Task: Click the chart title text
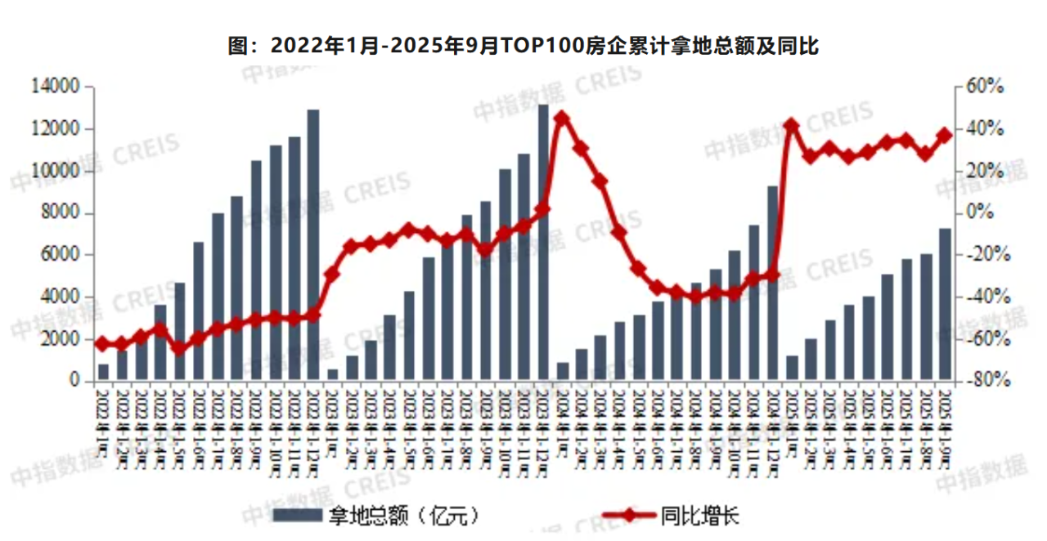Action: (x=523, y=46)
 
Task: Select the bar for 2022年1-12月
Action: (x=313, y=245)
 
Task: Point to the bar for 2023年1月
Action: (x=333, y=375)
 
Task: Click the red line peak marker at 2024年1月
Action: (x=561, y=118)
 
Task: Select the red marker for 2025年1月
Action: (x=791, y=125)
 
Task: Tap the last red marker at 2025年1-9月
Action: (x=945, y=136)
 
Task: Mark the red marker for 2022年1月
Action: (x=103, y=343)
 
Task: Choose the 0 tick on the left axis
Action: (x=75, y=382)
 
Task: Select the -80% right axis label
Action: (x=985, y=382)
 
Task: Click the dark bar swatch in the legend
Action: (x=297, y=516)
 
